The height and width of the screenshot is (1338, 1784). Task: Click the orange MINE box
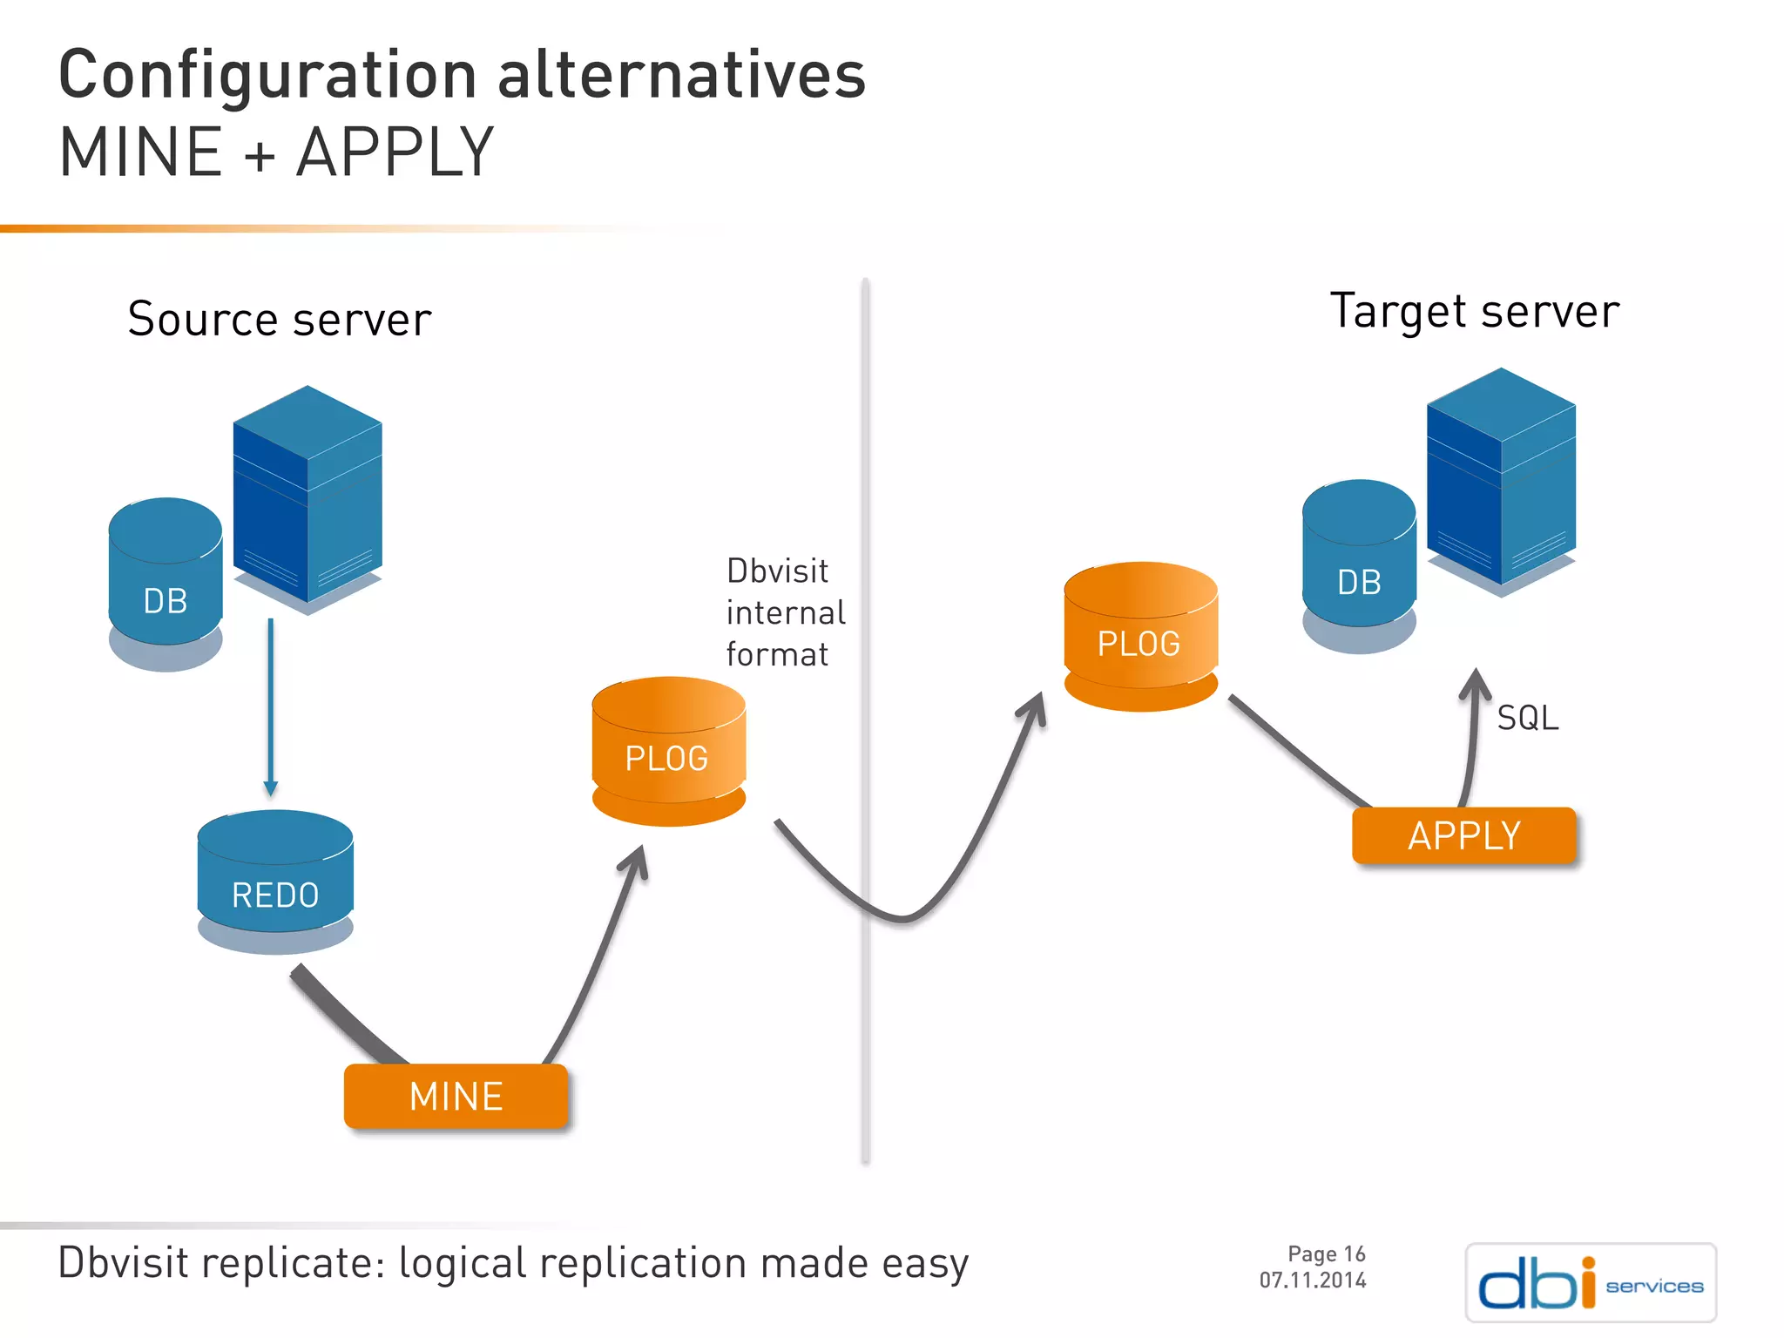[456, 1096]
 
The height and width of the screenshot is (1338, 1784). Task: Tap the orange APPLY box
[1463, 836]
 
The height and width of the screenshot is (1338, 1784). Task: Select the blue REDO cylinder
[275, 880]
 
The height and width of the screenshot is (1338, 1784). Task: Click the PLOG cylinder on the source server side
[668, 751]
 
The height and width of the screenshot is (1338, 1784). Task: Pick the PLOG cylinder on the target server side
[1140, 637]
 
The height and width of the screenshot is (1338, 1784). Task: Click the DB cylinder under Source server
[166, 584]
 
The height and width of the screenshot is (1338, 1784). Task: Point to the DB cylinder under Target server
[1359, 566]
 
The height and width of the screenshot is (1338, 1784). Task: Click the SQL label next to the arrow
[1527, 719]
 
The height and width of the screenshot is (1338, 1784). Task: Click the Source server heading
[279, 320]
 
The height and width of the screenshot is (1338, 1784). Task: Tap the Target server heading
[1474, 312]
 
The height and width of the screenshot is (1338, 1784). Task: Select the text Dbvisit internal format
[784, 613]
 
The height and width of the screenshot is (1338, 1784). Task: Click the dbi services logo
[1590, 1282]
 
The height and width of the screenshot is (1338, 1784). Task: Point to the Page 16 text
[1326, 1254]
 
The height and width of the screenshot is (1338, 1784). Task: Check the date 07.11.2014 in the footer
[1312, 1281]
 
